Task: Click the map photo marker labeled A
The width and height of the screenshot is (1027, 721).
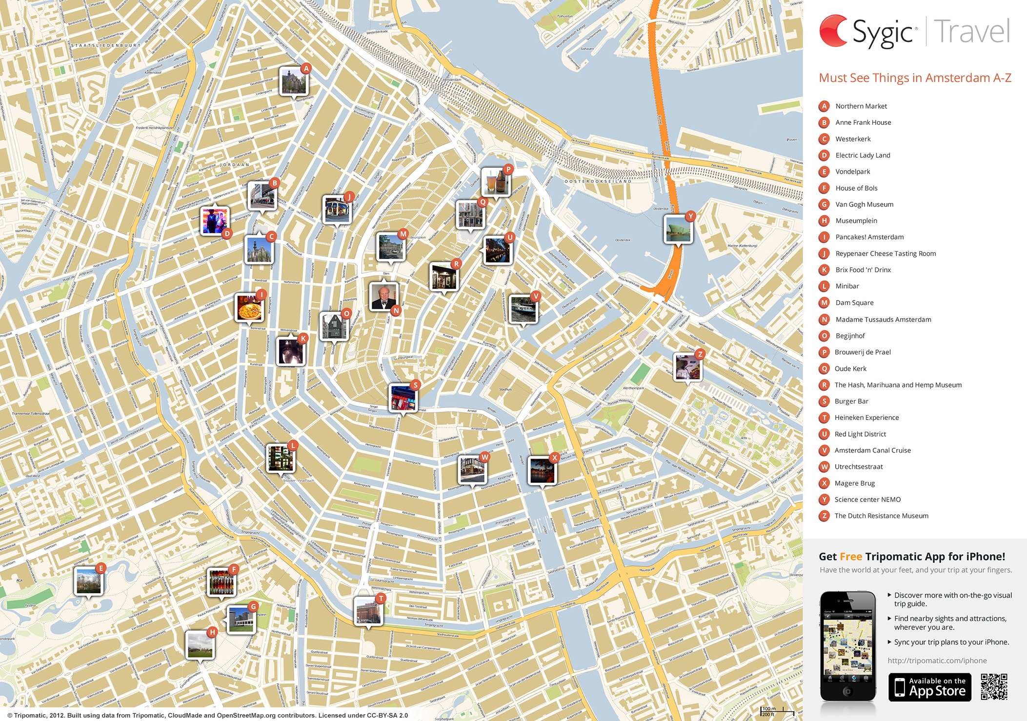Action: pyautogui.click(x=294, y=81)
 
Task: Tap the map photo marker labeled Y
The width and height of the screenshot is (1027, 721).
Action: pyautogui.click(x=678, y=229)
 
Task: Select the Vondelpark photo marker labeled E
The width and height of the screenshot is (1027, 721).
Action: pyautogui.click(x=89, y=581)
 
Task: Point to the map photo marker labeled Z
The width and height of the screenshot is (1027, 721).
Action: pyautogui.click(x=687, y=366)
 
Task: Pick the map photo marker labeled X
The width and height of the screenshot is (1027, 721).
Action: pyautogui.click(x=542, y=470)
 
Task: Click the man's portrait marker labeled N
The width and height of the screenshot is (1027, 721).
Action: pyautogui.click(x=384, y=297)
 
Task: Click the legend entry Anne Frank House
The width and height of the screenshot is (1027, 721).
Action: pyautogui.click(x=863, y=122)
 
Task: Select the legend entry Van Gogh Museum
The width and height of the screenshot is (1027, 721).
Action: pyautogui.click(x=864, y=204)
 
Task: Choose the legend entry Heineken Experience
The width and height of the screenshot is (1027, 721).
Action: pyautogui.click(x=866, y=418)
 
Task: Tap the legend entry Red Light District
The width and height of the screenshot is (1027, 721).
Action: pyautogui.click(x=860, y=434)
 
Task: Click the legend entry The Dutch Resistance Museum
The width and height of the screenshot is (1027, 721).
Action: pyautogui.click(x=881, y=516)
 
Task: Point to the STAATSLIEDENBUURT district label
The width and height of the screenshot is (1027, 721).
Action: pyautogui.click(x=106, y=45)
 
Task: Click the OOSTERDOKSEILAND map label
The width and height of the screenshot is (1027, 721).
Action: pyautogui.click(x=598, y=181)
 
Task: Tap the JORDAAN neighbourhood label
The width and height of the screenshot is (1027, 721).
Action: pyautogui.click(x=235, y=165)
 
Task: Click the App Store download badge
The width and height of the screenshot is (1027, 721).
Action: pyautogui.click(x=929, y=687)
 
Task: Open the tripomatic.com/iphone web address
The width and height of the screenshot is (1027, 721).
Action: pyautogui.click(x=937, y=661)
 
